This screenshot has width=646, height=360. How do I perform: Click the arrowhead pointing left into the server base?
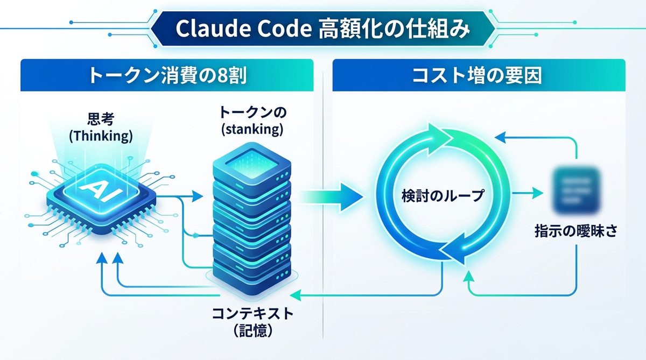(294, 295)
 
